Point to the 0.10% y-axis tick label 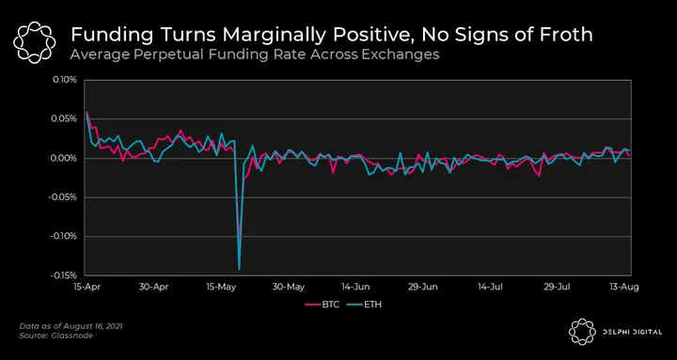click(66, 80)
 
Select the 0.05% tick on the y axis click(66, 118)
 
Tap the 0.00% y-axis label click(66, 158)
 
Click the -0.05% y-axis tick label click(64, 197)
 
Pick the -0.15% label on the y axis click(64, 275)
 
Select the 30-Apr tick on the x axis click(155, 287)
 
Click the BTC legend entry click(323, 305)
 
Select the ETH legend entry click(365, 305)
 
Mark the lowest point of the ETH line click(239, 270)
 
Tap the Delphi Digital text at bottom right click(632, 332)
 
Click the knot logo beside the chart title click(35, 42)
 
